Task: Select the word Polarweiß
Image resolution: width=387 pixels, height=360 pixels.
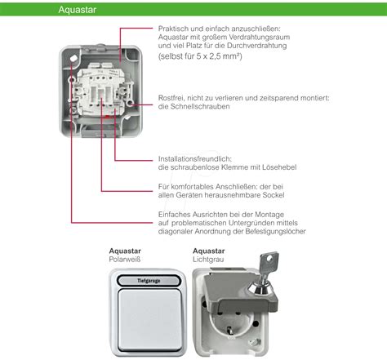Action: (x=127, y=259)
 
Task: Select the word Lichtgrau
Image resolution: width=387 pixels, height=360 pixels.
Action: (x=208, y=259)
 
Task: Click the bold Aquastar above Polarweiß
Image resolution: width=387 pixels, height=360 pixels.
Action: (x=126, y=250)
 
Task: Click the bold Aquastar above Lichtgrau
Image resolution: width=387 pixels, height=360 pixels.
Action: (x=209, y=250)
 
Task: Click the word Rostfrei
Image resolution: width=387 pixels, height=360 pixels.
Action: (x=173, y=98)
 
